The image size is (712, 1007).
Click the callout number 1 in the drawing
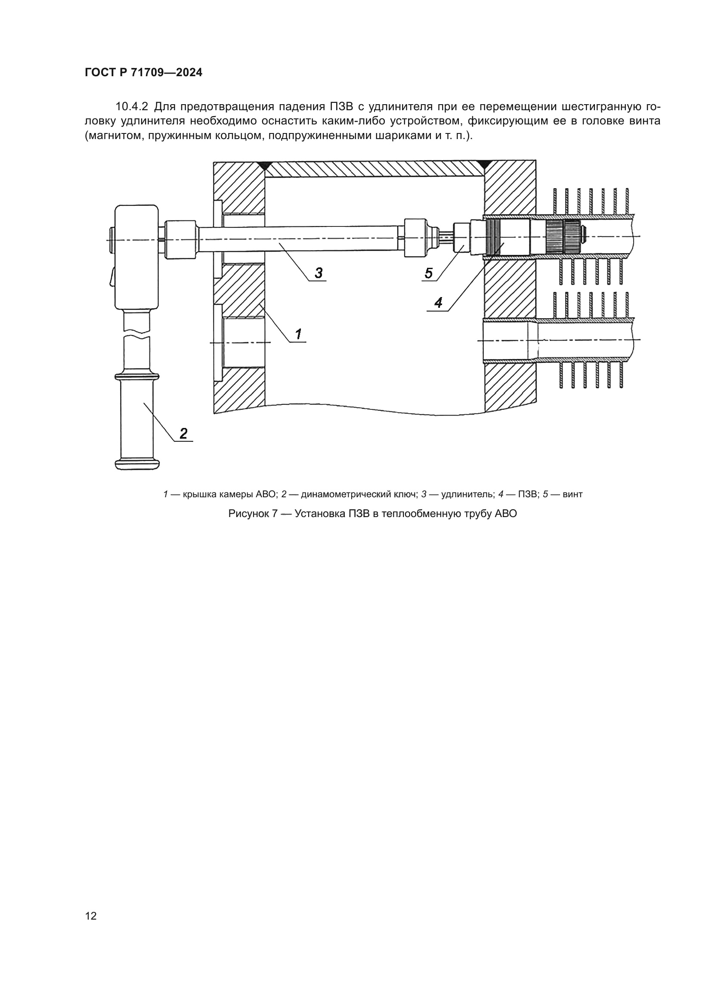pos(299,334)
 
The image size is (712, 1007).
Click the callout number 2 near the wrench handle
pos(184,434)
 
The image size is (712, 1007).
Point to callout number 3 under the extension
pos(319,273)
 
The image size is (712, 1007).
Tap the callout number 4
pos(438,303)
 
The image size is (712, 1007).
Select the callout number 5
pos(428,273)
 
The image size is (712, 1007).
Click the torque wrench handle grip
pos(137,420)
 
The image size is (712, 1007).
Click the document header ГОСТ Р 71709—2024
pos(143,73)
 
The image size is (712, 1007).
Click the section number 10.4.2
pos(132,107)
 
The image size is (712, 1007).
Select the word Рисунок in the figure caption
pos(253,514)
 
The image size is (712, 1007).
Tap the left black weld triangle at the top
pos(264,166)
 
